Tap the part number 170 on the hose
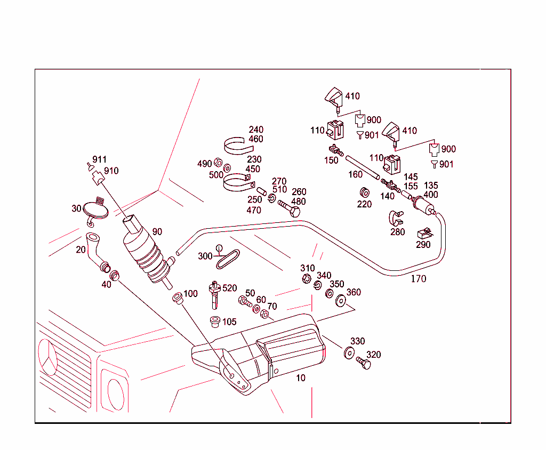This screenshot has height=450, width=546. pyautogui.click(x=418, y=278)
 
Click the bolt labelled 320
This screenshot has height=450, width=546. pyautogui.click(x=363, y=364)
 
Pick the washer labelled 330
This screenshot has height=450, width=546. pyautogui.click(x=349, y=352)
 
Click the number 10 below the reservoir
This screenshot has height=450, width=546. pyautogui.click(x=301, y=377)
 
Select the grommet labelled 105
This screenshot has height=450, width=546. pyautogui.click(x=215, y=322)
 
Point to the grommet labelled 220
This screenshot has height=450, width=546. pyautogui.click(x=365, y=191)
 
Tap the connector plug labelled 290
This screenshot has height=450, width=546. pyautogui.click(x=424, y=233)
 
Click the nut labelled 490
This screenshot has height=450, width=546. pyautogui.click(x=218, y=163)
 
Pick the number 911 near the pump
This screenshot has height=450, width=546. pyautogui.click(x=99, y=159)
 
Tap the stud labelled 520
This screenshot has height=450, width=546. pyautogui.click(x=215, y=294)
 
